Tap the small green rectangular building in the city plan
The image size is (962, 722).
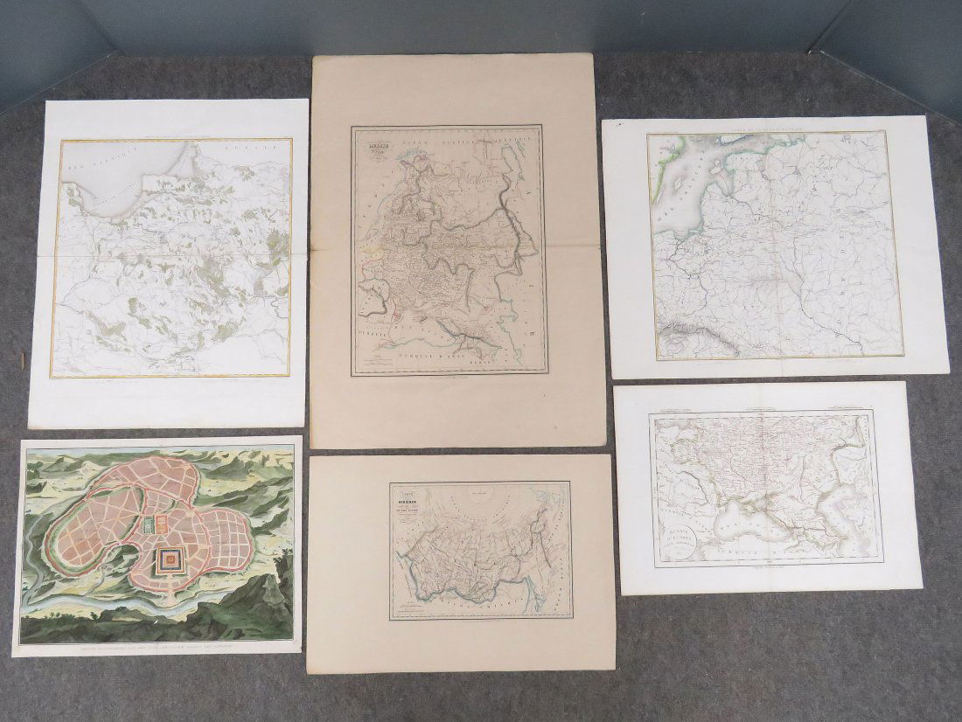(146, 525)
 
